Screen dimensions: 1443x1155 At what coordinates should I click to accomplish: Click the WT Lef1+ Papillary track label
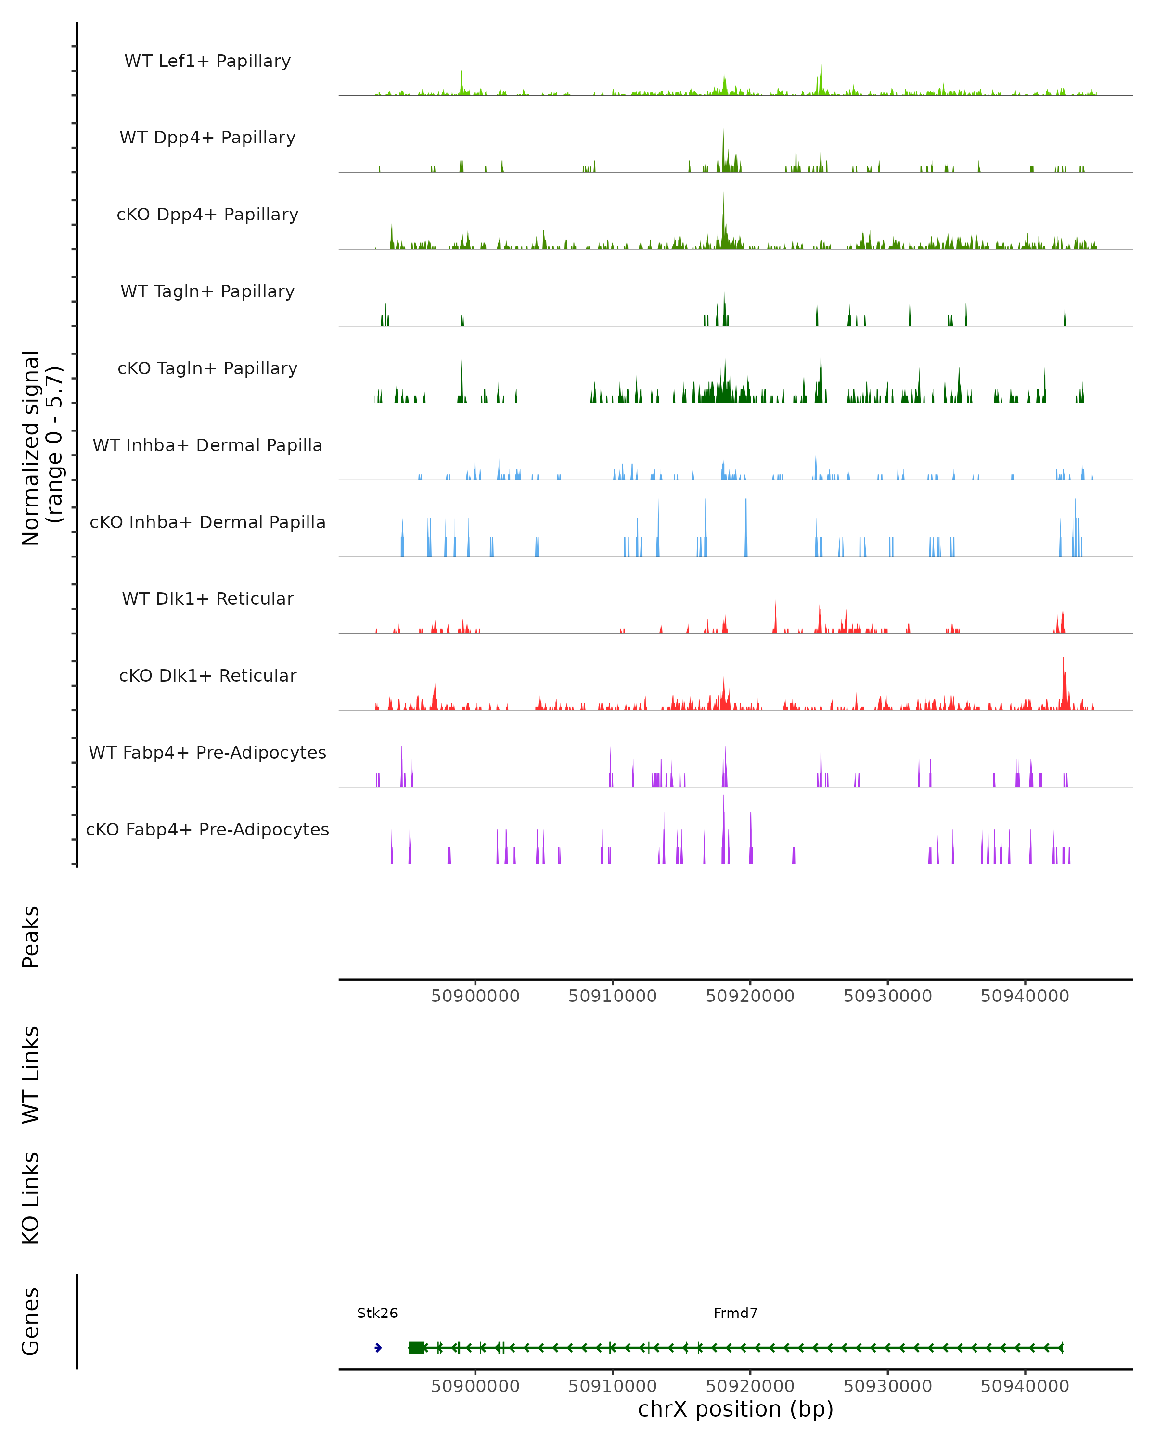[x=207, y=61]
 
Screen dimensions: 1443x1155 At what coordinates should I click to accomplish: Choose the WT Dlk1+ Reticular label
[x=207, y=598]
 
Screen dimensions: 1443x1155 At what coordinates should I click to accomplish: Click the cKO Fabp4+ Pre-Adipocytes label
[x=207, y=829]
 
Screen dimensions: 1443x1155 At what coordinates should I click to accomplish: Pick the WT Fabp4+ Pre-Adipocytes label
[x=207, y=752]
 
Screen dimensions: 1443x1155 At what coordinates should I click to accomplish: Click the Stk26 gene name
[x=377, y=1313]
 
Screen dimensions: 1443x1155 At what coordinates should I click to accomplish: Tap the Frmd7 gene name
[x=735, y=1313]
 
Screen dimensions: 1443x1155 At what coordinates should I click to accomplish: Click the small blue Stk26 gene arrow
[x=378, y=1347]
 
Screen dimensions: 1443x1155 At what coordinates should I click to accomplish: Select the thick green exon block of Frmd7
[x=416, y=1347]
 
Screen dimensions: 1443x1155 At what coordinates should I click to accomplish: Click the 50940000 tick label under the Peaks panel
[x=1025, y=996]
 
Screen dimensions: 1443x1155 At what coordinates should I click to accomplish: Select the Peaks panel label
[x=31, y=937]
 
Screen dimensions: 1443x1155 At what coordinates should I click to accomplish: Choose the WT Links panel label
[x=31, y=1074]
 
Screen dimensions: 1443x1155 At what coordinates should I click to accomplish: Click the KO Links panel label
[x=31, y=1198]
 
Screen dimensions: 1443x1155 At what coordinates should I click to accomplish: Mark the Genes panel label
[x=31, y=1321]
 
